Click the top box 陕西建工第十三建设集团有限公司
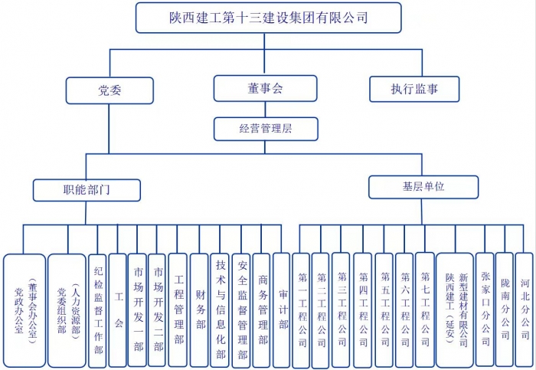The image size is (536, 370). [x=268, y=17]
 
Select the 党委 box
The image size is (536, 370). [x=109, y=90]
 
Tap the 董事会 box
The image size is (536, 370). [x=265, y=89]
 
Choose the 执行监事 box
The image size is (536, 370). [x=414, y=89]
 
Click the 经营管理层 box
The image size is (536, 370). [x=265, y=129]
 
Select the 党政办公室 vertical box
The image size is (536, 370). [x=24, y=309]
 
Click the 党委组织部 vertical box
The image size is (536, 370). [x=67, y=309]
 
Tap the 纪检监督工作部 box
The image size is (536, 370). [x=97, y=309]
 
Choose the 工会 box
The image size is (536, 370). [x=118, y=309]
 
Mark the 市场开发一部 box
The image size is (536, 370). [x=138, y=309]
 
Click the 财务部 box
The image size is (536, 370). [x=200, y=309]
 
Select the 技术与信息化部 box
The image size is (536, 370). [x=221, y=309]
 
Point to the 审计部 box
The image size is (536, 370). [x=282, y=309]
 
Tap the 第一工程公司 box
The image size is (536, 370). [x=302, y=309]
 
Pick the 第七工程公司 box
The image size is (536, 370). [x=425, y=309]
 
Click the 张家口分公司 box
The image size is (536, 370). [x=485, y=309]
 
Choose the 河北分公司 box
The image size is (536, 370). [x=525, y=309]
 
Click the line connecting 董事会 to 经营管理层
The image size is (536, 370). [x=265, y=110]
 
